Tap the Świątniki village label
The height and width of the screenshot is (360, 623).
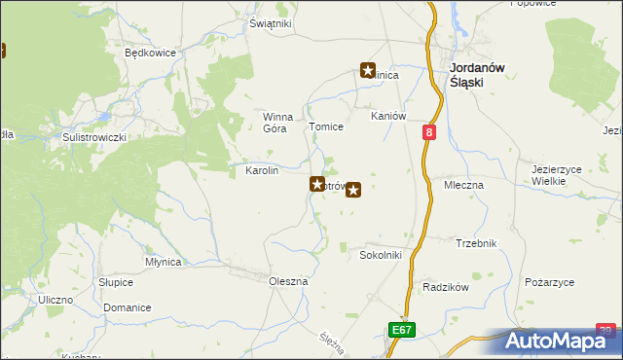(x=270, y=23)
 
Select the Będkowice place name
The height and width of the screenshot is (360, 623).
(x=149, y=54)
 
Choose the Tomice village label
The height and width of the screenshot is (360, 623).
(x=326, y=127)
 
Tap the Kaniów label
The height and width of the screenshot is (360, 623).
(x=387, y=116)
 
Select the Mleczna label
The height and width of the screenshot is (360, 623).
(x=464, y=184)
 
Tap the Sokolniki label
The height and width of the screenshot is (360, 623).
(x=381, y=256)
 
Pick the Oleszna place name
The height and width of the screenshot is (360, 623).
(x=288, y=281)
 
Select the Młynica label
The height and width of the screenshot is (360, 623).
(x=163, y=262)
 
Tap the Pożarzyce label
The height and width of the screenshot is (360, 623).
(x=549, y=282)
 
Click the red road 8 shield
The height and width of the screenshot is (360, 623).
(x=429, y=130)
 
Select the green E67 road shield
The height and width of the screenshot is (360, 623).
(x=402, y=331)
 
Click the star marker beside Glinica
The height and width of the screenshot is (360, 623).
(x=368, y=70)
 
